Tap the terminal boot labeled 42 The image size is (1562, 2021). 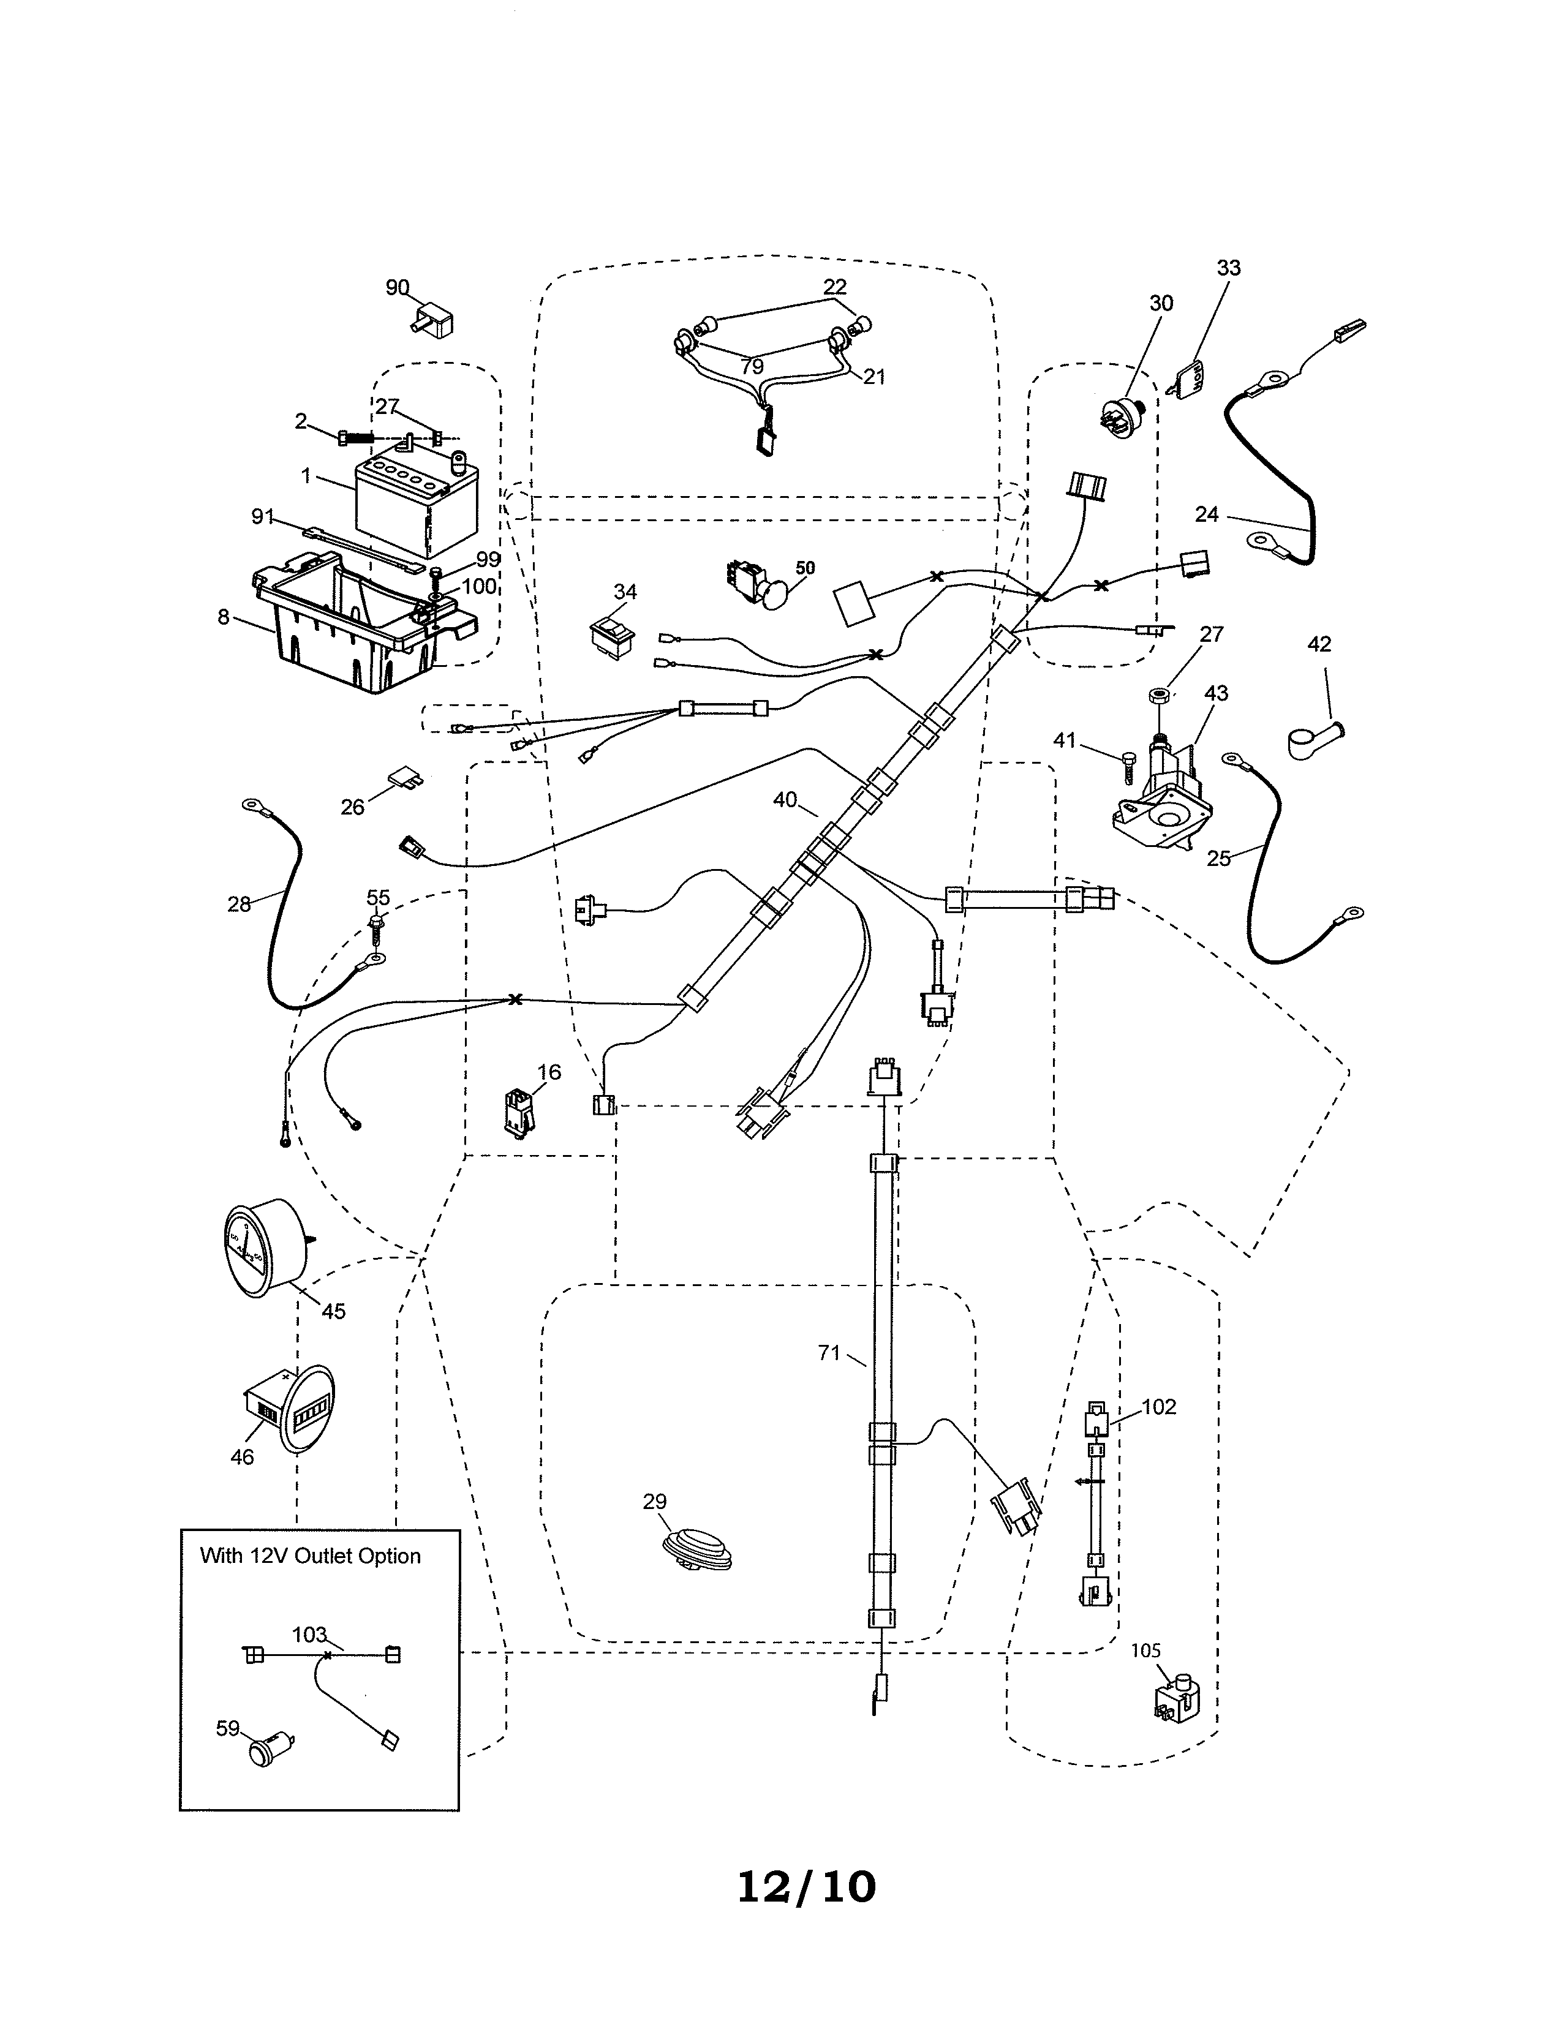click(x=1312, y=740)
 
